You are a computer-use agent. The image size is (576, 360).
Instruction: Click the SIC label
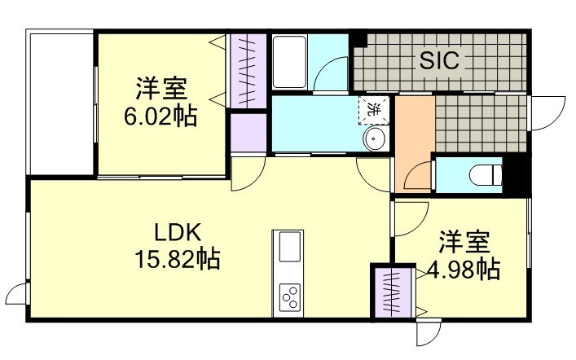(x=439, y=60)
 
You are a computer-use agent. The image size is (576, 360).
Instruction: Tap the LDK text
(x=178, y=232)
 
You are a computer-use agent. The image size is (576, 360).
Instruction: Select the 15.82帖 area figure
(x=178, y=259)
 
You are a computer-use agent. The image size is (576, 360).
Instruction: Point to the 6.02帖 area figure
(x=160, y=116)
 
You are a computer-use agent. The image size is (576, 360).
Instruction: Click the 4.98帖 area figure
(x=464, y=270)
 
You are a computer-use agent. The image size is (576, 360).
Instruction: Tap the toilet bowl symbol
(x=486, y=174)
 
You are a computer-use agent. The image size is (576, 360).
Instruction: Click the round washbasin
(x=375, y=138)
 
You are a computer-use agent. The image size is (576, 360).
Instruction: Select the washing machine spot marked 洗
(x=374, y=110)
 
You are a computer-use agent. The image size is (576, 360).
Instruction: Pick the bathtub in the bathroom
(x=289, y=62)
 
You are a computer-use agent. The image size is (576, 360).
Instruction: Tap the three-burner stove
(x=289, y=297)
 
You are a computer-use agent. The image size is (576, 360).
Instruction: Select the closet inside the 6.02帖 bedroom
(x=248, y=71)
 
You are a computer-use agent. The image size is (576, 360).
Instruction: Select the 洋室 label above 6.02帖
(x=161, y=88)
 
